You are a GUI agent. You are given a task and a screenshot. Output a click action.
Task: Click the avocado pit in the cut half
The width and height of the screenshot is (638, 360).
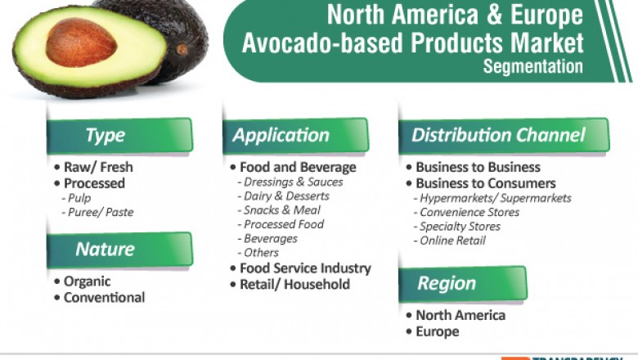coord(82,42)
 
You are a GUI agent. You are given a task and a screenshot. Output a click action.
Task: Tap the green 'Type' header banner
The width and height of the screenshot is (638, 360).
coord(119,135)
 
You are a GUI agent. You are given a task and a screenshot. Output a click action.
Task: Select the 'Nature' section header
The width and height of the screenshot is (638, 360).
coord(119,249)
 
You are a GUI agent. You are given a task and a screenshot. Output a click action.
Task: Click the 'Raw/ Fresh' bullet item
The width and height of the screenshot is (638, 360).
coord(98,167)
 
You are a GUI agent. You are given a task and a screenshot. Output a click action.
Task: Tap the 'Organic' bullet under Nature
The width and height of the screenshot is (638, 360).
coord(88,281)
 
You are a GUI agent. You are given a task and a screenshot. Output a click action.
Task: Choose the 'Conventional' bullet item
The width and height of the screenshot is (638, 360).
coord(104,298)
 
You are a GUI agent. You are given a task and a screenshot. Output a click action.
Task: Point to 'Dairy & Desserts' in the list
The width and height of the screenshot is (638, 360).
coord(286,196)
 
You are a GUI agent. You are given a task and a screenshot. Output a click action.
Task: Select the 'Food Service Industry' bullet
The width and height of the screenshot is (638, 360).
coord(304,268)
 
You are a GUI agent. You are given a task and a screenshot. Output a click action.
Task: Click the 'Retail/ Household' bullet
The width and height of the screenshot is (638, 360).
coord(294,285)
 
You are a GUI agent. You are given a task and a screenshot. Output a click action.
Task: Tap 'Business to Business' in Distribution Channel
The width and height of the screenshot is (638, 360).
coord(478,167)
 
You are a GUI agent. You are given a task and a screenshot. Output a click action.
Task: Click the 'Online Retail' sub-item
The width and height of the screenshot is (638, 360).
coord(452,241)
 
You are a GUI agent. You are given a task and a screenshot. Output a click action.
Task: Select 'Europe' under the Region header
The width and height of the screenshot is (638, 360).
coord(437,331)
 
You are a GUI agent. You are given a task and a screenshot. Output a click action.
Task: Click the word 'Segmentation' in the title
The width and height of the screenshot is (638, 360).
coord(532,66)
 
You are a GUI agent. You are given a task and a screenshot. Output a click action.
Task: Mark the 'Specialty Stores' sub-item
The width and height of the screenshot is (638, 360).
coord(460,227)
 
